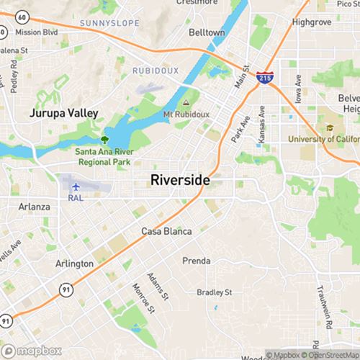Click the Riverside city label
[x=181, y=181]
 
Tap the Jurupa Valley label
[x=63, y=113]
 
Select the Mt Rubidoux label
[x=186, y=115]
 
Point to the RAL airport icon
[x=76, y=187]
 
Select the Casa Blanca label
[x=166, y=232]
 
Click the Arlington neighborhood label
[x=74, y=264]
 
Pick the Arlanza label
[x=34, y=207]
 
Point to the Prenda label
[x=196, y=261]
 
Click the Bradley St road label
[x=215, y=292]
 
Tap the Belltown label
[x=207, y=33]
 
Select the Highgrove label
[x=311, y=22]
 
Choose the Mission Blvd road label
[x=35, y=32]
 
